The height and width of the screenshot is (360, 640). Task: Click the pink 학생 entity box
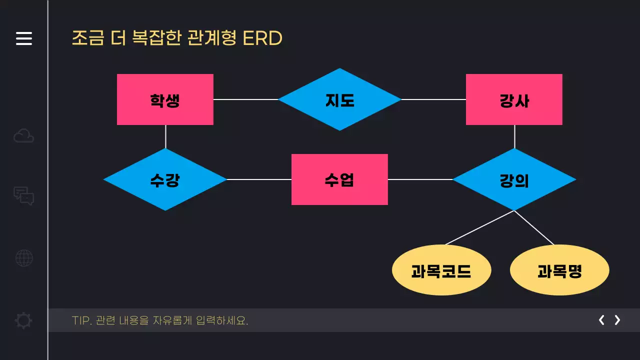[x=165, y=99]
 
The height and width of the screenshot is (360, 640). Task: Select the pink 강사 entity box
[x=514, y=99]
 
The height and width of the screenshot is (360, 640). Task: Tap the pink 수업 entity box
[x=339, y=179]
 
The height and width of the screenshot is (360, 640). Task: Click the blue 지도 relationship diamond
[x=339, y=99]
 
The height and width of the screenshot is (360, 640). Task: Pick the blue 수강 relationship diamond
[x=165, y=179]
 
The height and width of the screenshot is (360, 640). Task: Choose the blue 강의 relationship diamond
[x=514, y=179]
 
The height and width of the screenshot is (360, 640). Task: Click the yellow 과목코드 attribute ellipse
[x=441, y=270]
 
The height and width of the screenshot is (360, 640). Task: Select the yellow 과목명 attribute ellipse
[x=559, y=270]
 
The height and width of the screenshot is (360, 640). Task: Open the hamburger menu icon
[x=24, y=38]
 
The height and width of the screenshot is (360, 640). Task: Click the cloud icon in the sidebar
[x=24, y=136]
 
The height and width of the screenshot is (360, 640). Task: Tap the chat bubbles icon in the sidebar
[x=24, y=196]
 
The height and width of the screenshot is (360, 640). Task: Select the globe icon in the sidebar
[x=24, y=258]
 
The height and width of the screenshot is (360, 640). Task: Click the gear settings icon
[x=24, y=320]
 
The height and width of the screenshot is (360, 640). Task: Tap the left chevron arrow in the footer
[x=601, y=320]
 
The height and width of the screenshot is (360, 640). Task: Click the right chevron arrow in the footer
[x=617, y=320]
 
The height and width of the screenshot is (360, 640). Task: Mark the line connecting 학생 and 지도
[x=245, y=99]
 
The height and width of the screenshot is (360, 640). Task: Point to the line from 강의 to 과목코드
[x=479, y=228]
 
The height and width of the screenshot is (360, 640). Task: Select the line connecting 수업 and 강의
[x=420, y=179]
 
